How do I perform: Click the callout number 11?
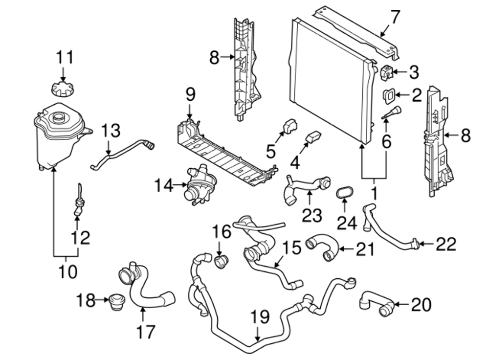pos(64,57)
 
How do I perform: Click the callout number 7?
pos(395,19)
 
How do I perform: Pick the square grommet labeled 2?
pos(389,95)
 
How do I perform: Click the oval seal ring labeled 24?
pos(344,192)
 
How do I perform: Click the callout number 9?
pos(190,92)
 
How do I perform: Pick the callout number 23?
pos(311,215)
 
